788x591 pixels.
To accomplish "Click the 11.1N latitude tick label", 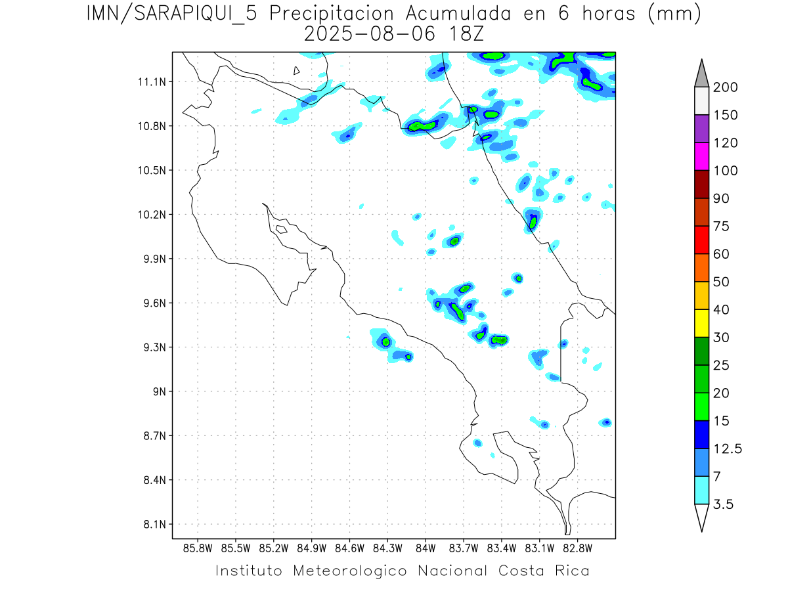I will point(150,82).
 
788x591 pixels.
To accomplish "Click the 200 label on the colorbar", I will point(725,87).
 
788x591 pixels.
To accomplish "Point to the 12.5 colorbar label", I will point(728,449).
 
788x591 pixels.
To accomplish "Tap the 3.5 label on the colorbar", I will point(724,504).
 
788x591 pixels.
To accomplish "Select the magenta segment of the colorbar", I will point(701,156).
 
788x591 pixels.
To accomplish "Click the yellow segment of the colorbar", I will point(701,323).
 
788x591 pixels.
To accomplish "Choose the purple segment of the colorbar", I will point(701,129).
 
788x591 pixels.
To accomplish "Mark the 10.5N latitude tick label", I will point(150,171).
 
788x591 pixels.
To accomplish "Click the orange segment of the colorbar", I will point(701,267).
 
